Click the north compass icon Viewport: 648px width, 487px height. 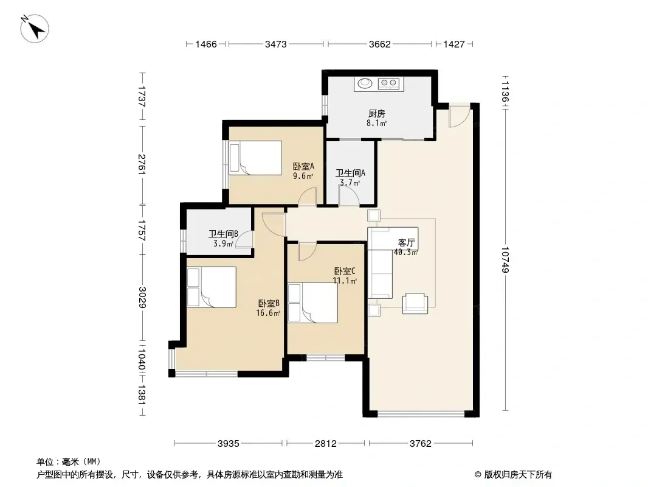point(35,28)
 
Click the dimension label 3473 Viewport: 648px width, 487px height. point(275,44)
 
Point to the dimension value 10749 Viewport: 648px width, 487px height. point(505,260)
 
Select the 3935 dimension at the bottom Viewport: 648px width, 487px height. point(229,444)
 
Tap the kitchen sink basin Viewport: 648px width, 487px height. point(365,83)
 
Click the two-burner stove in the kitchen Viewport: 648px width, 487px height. point(388,84)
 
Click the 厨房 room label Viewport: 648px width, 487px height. point(377,113)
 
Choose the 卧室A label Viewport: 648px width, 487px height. point(303,166)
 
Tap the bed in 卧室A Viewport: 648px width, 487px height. point(255,158)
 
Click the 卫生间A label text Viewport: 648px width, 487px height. point(350,173)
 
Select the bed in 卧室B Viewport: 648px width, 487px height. point(212,287)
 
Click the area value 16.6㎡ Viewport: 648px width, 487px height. point(268,313)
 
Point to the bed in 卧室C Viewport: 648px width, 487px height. point(313,303)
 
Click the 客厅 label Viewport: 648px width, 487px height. point(406,242)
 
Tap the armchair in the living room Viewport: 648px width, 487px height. point(415,303)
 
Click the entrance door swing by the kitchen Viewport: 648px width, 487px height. point(460,116)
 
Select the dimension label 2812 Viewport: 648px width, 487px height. point(326,444)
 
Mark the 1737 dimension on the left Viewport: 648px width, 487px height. point(142,96)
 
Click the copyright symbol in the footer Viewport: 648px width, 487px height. point(478,475)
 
